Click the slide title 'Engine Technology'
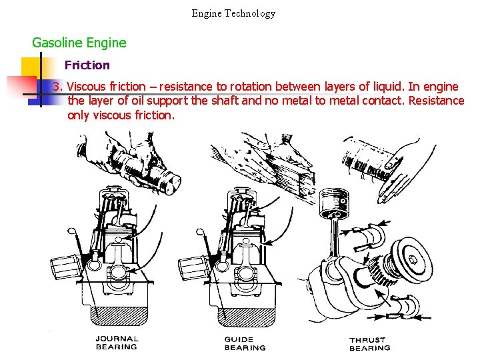(x=233, y=13)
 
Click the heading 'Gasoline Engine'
(x=79, y=43)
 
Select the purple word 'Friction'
(x=87, y=65)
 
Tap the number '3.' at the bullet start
(x=57, y=87)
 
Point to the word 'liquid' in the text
(x=385, y=87)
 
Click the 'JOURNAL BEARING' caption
(x=116, y=343)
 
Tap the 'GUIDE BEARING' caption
(x=245, y=343)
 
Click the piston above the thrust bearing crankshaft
(x=333, y=200)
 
